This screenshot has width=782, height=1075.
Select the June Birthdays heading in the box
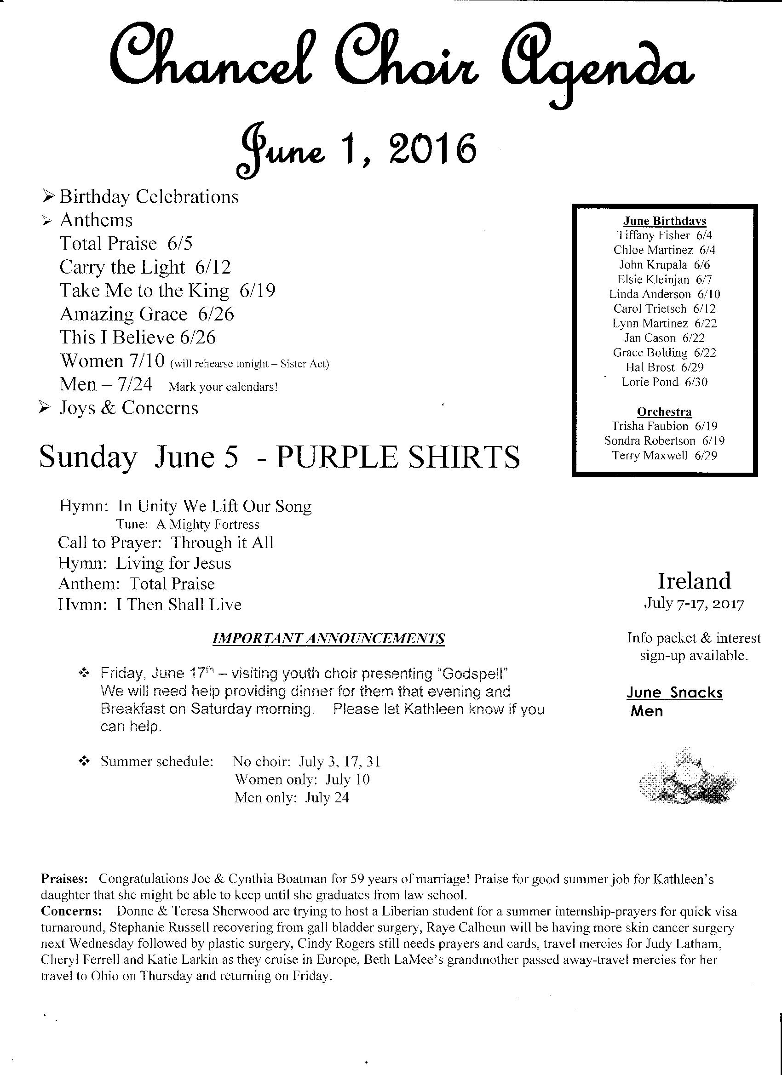[x=664, y=221]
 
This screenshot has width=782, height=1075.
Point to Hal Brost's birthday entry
[x=664, y=367]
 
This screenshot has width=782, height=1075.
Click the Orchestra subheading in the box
[x=664, y=412]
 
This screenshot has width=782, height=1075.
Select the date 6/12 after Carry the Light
[x=213, y=267]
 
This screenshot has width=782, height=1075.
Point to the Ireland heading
[x=694, y=581]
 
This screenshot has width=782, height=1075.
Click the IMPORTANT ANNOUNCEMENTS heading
[x=328, y=639]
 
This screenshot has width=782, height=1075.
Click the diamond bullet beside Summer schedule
[x=84, y=762]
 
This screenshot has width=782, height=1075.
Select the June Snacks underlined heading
[x=674, y=692]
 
